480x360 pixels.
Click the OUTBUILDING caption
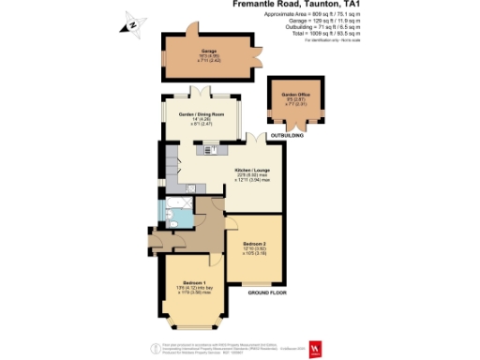(287, 138)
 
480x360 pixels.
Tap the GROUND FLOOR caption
(266, 294)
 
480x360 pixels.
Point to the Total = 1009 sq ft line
(317, 32)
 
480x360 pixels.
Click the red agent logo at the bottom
(316, 349)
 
